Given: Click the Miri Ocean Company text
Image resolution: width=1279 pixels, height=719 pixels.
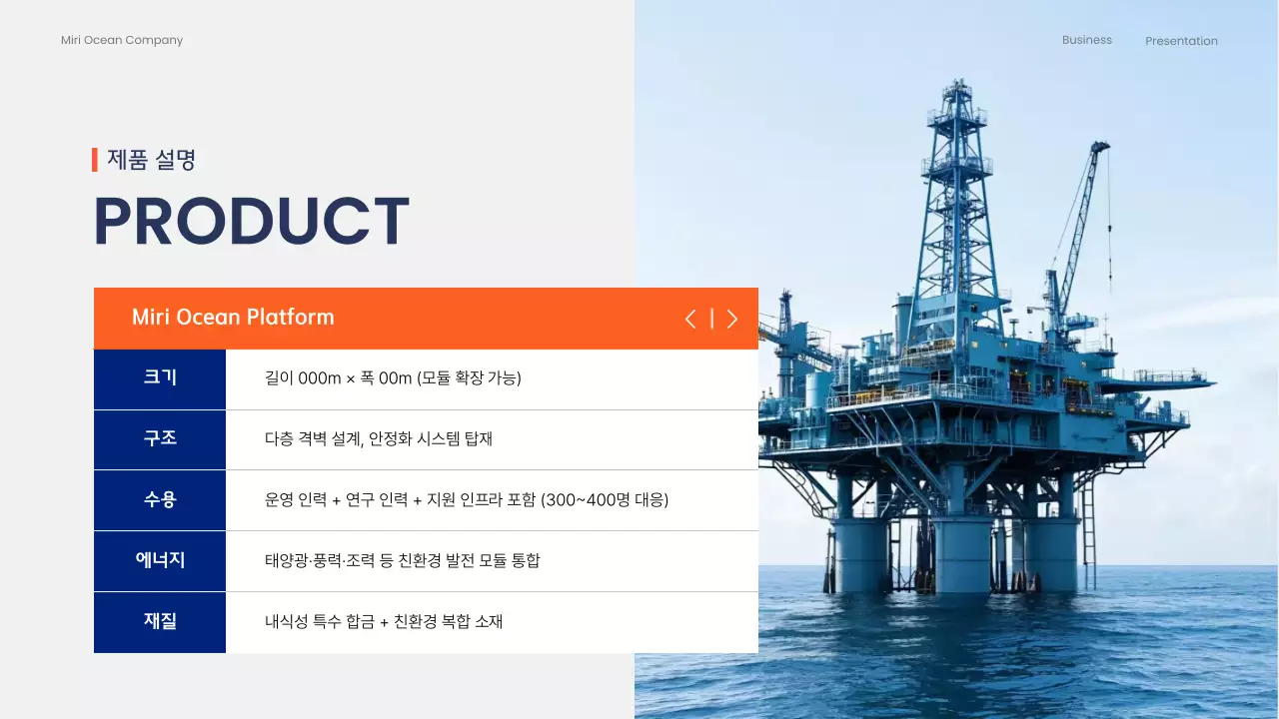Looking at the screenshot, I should (122, 41).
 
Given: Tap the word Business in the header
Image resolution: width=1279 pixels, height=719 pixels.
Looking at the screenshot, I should (1086, 40).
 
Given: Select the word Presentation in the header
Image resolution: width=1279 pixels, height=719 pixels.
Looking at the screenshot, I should (1181, 41).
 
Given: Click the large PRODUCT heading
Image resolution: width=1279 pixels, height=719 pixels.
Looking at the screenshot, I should (251, 222).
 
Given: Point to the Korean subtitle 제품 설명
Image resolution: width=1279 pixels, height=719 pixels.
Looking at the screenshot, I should (151, 160).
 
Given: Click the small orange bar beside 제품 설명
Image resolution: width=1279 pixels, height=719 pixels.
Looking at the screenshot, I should (95, 160).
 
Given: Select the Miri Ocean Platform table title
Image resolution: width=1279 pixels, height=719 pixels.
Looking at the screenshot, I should (233, 318).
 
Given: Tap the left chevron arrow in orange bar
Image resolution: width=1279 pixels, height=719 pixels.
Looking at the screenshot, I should (690, 319).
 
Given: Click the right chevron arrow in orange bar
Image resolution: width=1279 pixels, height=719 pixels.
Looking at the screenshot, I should (732, 319).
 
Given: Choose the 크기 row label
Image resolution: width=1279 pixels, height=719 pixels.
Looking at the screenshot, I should (160, 377).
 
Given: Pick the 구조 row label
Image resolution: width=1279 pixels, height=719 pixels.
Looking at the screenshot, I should (160, 438).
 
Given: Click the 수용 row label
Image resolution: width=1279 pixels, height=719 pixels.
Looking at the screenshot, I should (160, 499).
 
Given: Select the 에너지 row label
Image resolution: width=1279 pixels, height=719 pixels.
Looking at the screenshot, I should (160, 560).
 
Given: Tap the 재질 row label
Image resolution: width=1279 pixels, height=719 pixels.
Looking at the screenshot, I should (160, 621).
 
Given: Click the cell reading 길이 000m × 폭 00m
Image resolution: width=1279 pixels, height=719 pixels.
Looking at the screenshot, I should (393, 378).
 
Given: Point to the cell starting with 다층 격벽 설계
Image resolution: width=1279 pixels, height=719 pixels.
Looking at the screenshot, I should (379, 439).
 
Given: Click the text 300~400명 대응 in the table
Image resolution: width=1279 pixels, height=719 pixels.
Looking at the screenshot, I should (605, 500).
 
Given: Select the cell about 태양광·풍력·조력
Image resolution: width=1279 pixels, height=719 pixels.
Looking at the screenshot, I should (402, 561).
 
